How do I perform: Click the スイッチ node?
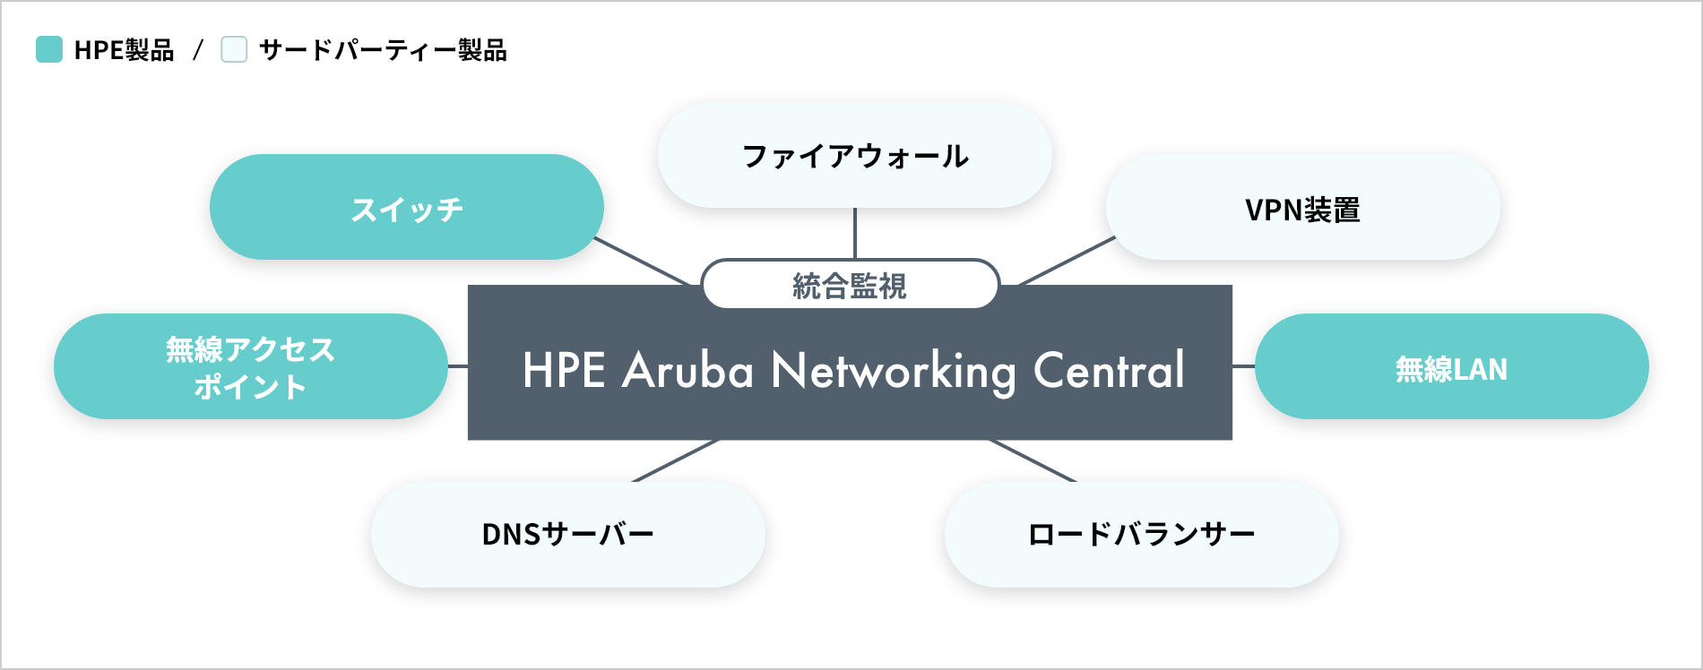[x=406, y=207]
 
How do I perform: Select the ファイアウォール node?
[x=854, y=155]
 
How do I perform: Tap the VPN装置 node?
[x=1302, y=208]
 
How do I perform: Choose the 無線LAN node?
[x=1451, y=366]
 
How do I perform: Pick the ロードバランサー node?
[x=1141, y=534]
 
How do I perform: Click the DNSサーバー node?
[x=567, y=534]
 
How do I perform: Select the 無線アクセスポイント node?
[x=250, y=366]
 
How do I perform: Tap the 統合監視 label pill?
[x=850, y=285]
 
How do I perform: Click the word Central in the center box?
[x=1109, y=370]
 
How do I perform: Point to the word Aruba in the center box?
[x=687, y=370]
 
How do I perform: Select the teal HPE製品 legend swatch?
[x=49, y=49]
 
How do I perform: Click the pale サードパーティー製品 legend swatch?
[x=234, y=49]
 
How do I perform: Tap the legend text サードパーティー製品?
[x=383, y=50]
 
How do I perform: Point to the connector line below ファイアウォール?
[x=855, y=233]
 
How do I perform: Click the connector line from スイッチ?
[x=642, y=262]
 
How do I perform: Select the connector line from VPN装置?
[x=1068, y=261]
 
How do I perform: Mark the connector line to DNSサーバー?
[x=675, y=461]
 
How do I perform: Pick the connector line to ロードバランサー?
[x=1033, y=461]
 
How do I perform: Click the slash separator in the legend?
[x=198, y=50]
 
